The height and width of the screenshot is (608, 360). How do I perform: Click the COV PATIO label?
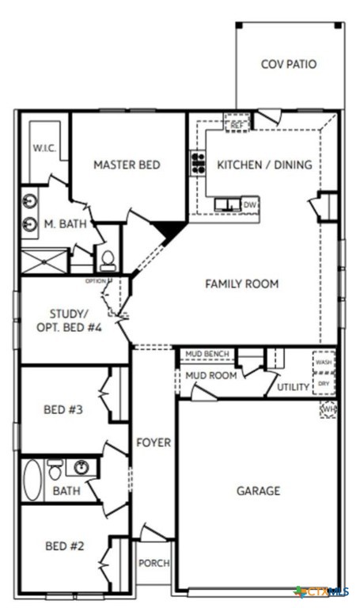click(288, 63)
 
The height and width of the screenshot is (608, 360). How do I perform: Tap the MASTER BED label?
click(127, 165)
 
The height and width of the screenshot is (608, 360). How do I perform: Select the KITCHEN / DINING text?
click(264, 165)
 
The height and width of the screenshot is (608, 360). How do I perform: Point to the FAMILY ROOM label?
click(241, 283)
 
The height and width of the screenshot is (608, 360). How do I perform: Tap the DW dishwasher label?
click(249, 204)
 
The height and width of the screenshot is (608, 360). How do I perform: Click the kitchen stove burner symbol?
click(196, 163)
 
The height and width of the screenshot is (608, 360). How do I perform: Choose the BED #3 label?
click(63, 409)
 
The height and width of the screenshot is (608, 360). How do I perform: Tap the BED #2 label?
click(63, 545)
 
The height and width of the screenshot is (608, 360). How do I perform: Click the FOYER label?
click(153, 443)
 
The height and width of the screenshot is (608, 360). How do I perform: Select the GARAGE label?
click(258, 491)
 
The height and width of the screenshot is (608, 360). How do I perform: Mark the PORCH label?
click(153, 563)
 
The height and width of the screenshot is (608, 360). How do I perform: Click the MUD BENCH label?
click(207, 354)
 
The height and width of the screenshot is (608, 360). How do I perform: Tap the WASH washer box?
click(324, 362)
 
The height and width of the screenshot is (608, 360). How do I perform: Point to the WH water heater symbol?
click(328, 408)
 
